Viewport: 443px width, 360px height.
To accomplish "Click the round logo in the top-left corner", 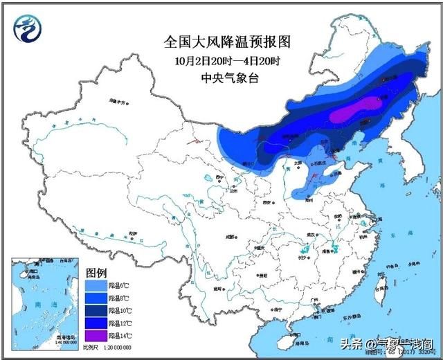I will click(26, 28).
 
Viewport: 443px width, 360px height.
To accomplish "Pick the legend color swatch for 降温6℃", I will click(95, 284).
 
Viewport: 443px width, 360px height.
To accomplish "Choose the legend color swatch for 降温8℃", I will click(95, 296).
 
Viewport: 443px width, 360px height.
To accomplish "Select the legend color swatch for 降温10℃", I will click(95, 309).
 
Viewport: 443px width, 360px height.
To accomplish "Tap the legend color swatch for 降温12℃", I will click(95, 321).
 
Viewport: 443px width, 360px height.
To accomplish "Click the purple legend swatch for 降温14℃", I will click(95, 334).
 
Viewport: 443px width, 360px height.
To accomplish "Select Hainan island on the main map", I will click(289, 337).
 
